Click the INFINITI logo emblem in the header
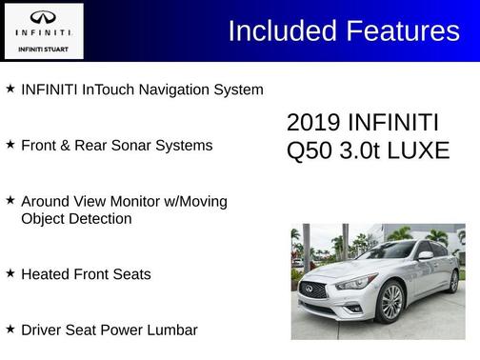[44, 18]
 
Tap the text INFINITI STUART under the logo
[44, 49]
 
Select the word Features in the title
[404, 30]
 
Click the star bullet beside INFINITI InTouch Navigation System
[10, 89]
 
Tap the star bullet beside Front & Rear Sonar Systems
[10, 145]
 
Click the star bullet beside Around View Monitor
[10, 201]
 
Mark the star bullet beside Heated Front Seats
[10, 273]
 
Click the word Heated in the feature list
[45, 274]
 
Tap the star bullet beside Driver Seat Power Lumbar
[10, 329]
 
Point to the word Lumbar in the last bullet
[171, 330]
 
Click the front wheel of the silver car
[390, 302]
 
